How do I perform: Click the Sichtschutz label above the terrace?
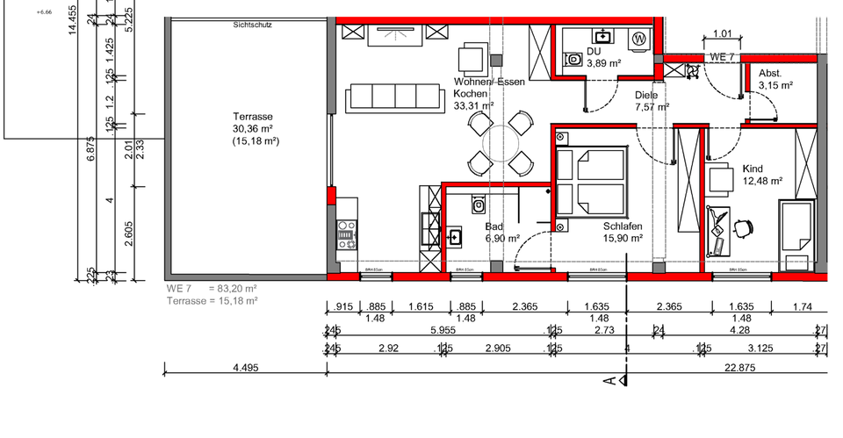(252, 25)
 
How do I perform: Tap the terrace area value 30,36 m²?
(252, 128)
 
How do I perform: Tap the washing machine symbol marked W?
(639, 39)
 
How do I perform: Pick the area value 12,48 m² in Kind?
(761, 182)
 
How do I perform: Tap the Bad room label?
(494, 226)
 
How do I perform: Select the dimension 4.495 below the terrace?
(245, 368)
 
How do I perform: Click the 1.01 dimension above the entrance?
(722, 34)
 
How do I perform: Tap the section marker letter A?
(609, 380)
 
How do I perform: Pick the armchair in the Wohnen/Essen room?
(472, 61)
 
